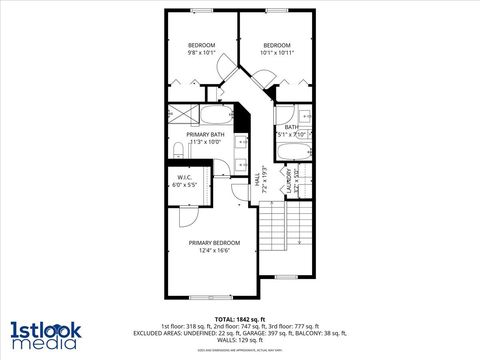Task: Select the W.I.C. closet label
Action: click(x=183, y=178)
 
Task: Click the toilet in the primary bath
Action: click(x=176, y=151)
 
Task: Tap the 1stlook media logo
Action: click(x=44, y=334)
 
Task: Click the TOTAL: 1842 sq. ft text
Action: click(x=239, y=318)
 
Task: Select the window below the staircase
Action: click(x=287, y=275)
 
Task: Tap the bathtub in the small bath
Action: click(x=294, y=151)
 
